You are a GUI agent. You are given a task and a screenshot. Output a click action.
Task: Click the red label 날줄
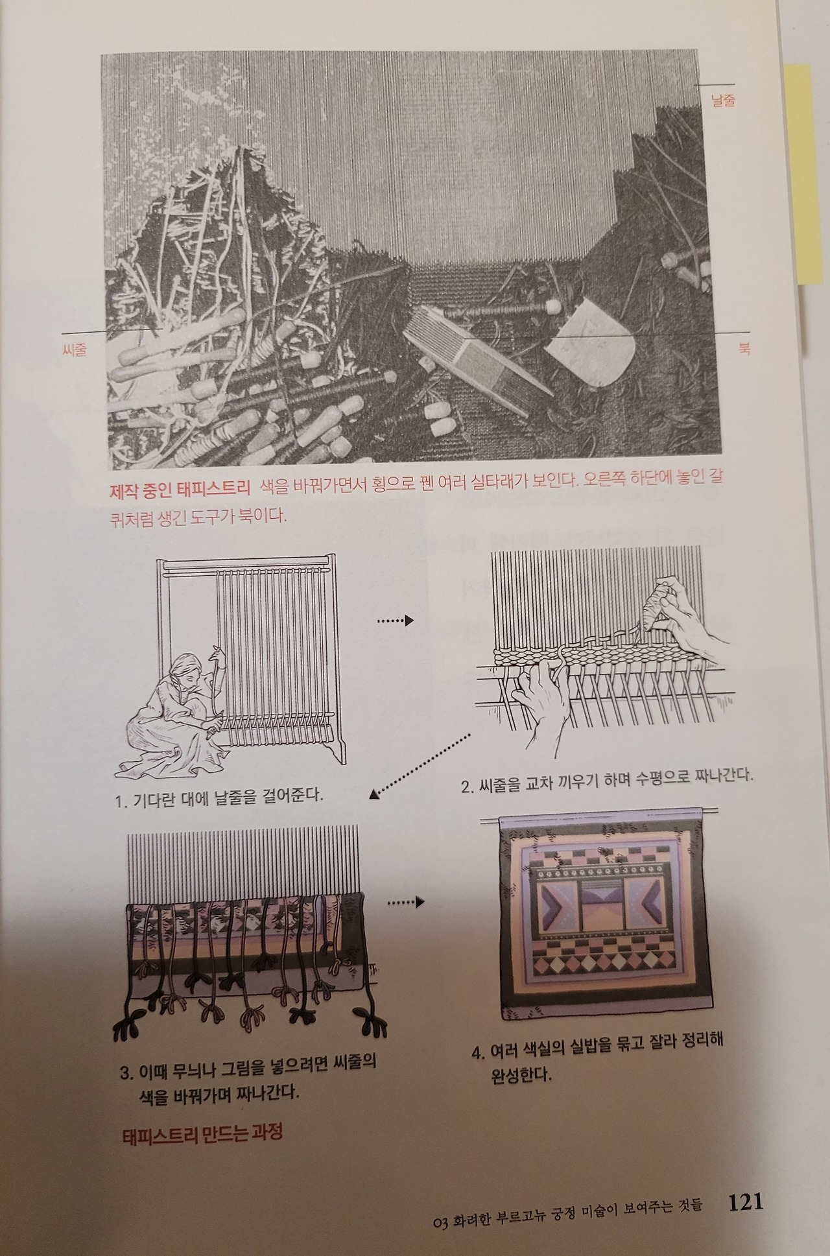coord(722,101)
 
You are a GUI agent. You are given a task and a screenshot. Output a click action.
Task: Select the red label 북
coord(744,348)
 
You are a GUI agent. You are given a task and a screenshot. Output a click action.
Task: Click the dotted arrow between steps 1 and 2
coord(394,621)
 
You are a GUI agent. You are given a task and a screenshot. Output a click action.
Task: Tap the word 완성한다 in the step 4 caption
coord(521,1075)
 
